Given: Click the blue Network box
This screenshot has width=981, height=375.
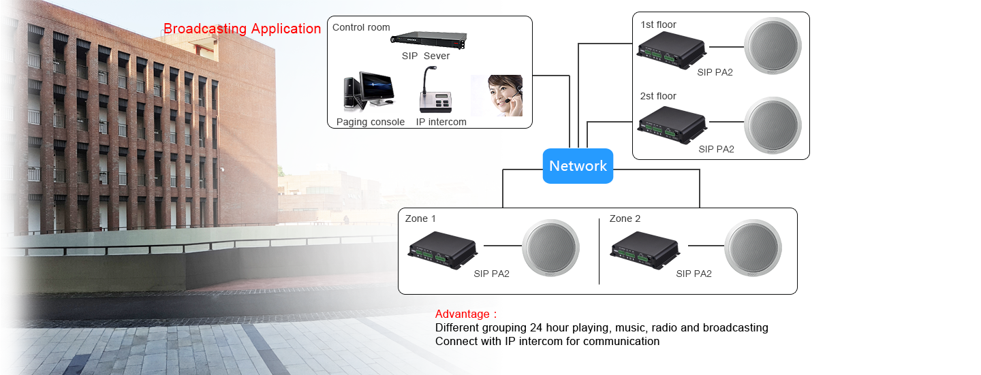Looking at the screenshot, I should [578, 165].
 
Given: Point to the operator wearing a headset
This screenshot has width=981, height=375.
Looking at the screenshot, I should [497, 95].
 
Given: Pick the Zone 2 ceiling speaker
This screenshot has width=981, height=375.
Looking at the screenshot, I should [752, 248].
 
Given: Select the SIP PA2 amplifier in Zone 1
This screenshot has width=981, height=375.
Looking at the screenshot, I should [443, 249].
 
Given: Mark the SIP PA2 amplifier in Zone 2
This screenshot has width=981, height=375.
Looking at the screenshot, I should [645, 249].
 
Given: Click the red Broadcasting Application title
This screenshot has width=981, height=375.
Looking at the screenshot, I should [242, 29].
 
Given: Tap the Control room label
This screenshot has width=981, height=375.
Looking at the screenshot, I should [361, 28].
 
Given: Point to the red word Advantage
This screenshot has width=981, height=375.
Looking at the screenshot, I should [462, 314].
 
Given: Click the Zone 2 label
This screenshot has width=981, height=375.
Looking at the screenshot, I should [625, 218].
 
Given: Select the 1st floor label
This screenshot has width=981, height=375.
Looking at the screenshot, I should [658, 25].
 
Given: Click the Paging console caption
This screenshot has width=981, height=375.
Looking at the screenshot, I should [371, 122].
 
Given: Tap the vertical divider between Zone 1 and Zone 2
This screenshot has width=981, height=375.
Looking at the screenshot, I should [599, 250].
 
